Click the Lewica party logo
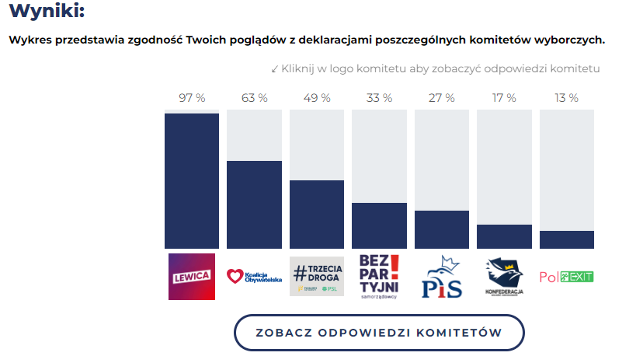point(191,276)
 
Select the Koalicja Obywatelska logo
point(254,276)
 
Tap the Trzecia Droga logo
point(316,276)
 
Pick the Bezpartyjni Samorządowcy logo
point(379,276)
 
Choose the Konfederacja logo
point(504,276)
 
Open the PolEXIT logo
point(566,277)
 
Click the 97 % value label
point(192,98)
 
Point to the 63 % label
point(254,98)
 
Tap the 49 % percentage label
point(317,98)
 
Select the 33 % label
point(379,98)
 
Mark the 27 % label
point(442,98)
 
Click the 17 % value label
point(504,98)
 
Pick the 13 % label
point(566,98)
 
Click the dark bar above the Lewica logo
point(192,180)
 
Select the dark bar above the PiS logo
point(442,229)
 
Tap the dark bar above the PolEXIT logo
point(566,239)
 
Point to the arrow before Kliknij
point(275,69)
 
